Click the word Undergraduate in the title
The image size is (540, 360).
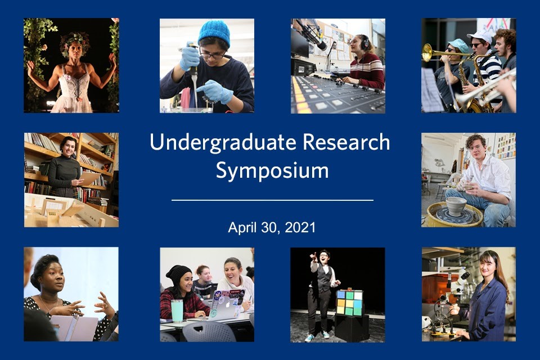(x=223, y=143)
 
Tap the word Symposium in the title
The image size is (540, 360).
(x=272, y=171)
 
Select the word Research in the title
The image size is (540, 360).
(x=346, y=142)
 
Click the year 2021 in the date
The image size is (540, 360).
(x=300, y=228)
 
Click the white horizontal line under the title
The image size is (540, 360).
(x=272, y=200)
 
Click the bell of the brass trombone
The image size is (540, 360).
(x=427, y=52)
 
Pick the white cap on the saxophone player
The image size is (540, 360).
(x=480, y=36)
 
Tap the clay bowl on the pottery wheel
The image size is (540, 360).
(x=456, y=206)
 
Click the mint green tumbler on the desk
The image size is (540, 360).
(x=177, y=310)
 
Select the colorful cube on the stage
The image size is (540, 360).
(x=349, y=302)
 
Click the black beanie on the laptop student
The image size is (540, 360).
(x=178, y=274)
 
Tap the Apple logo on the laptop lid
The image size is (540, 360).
(x=227, y=304)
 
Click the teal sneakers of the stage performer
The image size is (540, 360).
(x=317, y=336)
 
